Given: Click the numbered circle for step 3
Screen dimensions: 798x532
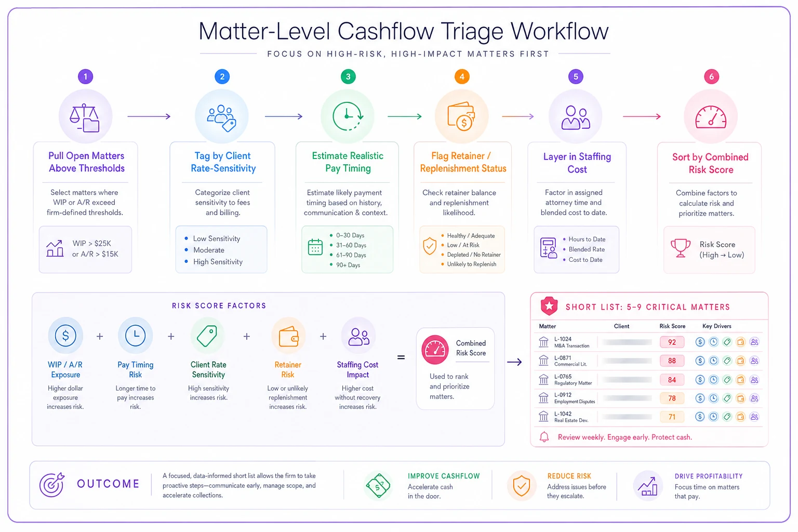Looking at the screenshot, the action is click(348, 76).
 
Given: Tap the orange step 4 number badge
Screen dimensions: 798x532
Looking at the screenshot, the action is click(462, 76).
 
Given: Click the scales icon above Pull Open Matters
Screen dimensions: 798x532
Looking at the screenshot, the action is click(85, 118).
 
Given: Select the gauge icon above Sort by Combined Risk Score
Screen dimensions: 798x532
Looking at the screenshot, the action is click(711, 117).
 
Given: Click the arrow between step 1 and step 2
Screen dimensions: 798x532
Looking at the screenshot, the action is click(149, 116).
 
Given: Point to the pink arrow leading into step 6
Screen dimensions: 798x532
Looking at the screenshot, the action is click(642, 116).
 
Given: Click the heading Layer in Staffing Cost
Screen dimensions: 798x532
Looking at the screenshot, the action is click(577, 163).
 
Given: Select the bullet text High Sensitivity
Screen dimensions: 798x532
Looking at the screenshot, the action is click(218, 262).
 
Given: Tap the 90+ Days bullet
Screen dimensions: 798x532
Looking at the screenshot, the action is click(348, 265).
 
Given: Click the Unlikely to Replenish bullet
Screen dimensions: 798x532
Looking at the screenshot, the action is click(472, 264).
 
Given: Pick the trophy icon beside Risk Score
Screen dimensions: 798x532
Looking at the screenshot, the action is click(681, 248).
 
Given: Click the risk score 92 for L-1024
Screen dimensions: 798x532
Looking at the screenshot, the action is click(672, 342).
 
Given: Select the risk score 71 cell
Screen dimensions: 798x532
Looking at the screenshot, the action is click(672, 417).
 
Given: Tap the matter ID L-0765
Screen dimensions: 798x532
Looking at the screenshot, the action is click(563, 377).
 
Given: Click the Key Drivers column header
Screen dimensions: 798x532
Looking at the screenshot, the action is click(717, 326).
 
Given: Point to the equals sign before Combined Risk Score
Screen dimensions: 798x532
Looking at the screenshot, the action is click(401, 357).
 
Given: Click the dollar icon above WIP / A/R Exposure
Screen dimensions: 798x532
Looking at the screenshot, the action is click(65, 336).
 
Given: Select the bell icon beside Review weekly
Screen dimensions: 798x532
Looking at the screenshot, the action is click(544, 437).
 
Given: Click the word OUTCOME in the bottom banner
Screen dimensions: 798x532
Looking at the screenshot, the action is click(108, 484).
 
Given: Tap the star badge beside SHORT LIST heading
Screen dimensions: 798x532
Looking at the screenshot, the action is click(549, 306).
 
